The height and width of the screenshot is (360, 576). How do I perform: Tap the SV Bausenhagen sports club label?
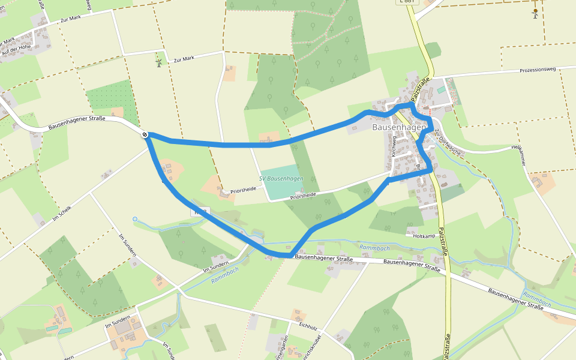(281, 179)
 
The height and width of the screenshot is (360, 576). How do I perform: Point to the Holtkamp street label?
(424, 236)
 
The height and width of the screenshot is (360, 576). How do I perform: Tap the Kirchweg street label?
(394, 146)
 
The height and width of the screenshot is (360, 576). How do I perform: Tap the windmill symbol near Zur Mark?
(159, 62)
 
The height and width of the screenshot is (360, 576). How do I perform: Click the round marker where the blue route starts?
(145, 134)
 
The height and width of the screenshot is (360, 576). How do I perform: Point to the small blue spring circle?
(135, 219)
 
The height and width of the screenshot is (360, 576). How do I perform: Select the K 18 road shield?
(200, 212)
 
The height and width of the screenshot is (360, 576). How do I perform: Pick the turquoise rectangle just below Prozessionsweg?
(442, 90)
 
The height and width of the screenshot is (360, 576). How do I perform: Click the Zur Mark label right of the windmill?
(184, 59)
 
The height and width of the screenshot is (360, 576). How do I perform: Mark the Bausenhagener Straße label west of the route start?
(77, 123)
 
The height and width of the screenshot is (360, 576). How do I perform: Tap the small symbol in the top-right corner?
(535, 12)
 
